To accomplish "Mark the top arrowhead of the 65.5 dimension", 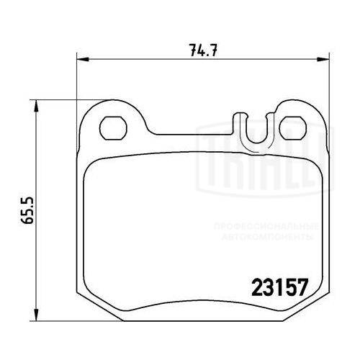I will (36, 105).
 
